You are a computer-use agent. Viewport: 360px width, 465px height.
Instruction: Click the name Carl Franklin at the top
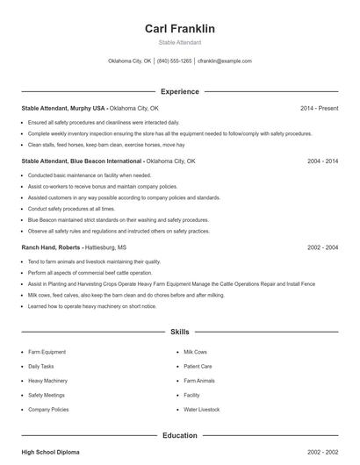point(179,29)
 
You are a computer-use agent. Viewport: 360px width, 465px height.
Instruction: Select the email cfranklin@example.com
point(225,61)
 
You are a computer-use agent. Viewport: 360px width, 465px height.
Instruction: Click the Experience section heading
point(179,91)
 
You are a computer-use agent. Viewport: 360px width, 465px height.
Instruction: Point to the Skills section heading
point(179,333)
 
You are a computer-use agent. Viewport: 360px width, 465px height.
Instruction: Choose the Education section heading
point(179,435)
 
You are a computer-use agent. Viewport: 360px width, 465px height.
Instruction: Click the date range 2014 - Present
point(319,108)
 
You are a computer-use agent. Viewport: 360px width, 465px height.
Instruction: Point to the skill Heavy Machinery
point(47,381)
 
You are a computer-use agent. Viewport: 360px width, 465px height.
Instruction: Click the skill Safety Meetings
point(47,395)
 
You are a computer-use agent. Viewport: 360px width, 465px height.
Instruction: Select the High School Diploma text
point(50,452)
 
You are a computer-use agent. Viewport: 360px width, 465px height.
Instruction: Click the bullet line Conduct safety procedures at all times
point(71,209)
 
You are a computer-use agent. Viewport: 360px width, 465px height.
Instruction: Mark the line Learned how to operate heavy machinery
point(91,306)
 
